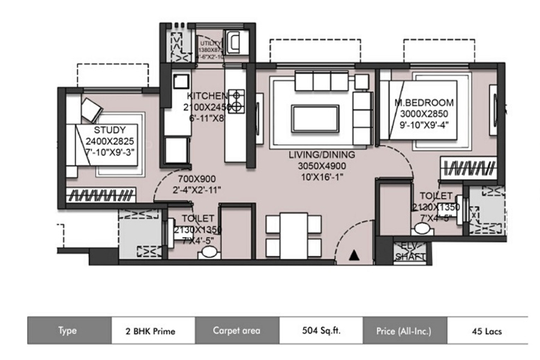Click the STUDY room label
click(x=110, y=130)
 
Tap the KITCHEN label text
click(x=206, y=96)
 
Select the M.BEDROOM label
click(x=424, y=103)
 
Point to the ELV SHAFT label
click(x=410, y=251)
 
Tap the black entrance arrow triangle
click(x=353, y=256)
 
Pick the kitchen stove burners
click(x=238, y=101)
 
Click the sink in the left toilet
click(x=208, y=252)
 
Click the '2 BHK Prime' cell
click(x=152, y=331)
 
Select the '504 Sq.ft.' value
click(x=320, y=331)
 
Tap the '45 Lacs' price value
click(x=487, y=331)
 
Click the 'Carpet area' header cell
click(x=236, y=331)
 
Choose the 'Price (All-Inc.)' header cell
click(x=404, y=331)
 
